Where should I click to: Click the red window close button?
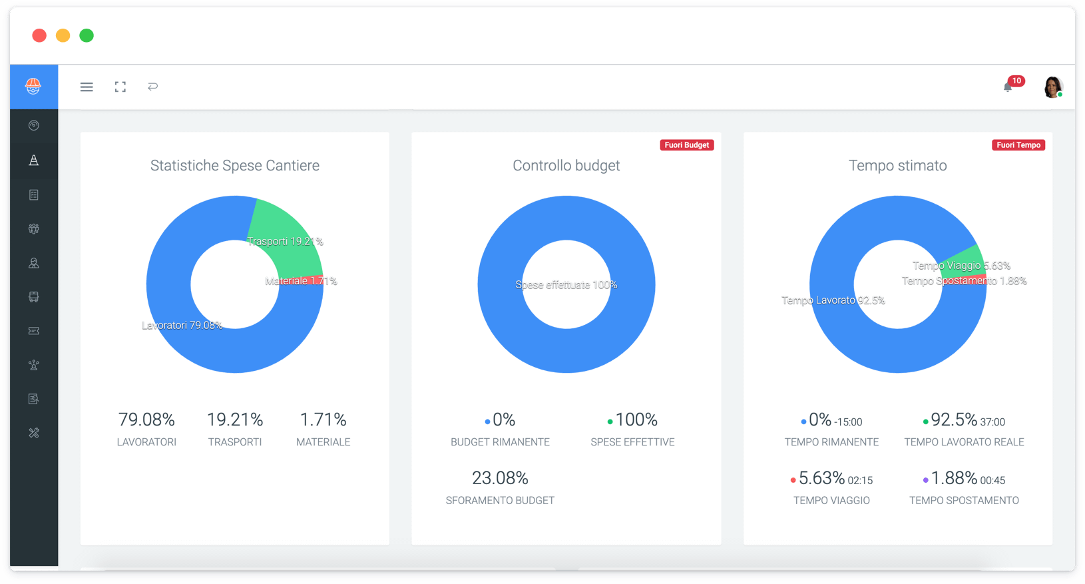(39, 35)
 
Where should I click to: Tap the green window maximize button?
(87, 35)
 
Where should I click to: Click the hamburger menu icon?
(87, 87)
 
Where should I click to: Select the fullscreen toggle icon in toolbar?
(120, 87)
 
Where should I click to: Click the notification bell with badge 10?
(1008, 87)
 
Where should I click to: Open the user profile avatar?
(1052, 87)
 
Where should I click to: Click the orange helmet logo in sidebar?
(33, 86)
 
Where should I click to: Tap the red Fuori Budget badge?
(687, 145)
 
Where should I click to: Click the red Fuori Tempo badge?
(1018, 145)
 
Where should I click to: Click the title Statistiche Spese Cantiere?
(235, 166)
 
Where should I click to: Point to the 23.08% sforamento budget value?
(500, 478)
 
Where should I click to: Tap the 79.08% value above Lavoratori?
(146, 420)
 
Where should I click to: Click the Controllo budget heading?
(566, 166)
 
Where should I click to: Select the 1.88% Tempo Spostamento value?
(954, 478)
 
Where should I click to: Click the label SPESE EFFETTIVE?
(632, 442)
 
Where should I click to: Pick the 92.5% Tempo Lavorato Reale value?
(954, 420)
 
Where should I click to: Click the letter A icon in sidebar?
(33, 160)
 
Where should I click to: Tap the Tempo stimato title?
(897, 166)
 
